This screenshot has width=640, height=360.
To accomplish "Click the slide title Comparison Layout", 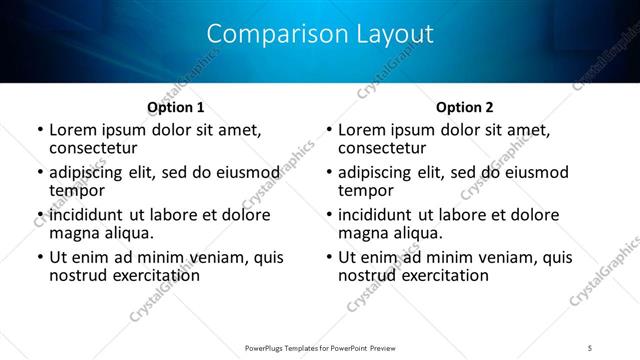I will point(319,34).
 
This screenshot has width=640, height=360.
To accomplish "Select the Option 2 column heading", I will point(464,107).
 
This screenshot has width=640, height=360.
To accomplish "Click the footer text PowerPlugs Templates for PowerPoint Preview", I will point(319,347).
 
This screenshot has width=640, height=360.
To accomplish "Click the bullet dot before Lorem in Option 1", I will point(39,131).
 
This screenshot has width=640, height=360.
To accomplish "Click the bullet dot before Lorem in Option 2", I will point(328,131).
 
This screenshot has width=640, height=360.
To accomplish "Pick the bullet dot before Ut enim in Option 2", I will point(328,258).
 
